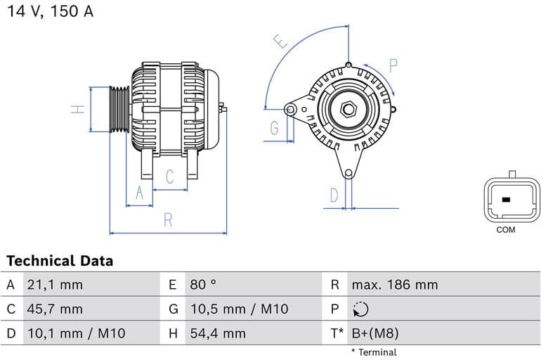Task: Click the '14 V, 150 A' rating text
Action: pyautogui.click(x=51, y=12)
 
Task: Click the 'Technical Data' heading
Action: pyautogui.click(x=60, y=261)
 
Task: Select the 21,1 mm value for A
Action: pyautogui.click(x=54, y=285)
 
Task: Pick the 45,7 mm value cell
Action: pyautogui.click(x=54, y=309)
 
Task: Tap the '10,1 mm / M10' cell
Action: pyautogui.click(x=76, y=333)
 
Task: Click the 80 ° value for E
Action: pyautogui.click(x=203, y=285)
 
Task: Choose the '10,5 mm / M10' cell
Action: pyautogui.click(x=239, y=309)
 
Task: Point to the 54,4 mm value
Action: pyautogui.click(x=217, y=333)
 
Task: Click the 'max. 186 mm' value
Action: pyautogui.click(x=394, y=285)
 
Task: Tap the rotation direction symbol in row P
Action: pyautogui.click(x=360, y=309)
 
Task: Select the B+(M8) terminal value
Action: pyautogui.click(x=374, y=333)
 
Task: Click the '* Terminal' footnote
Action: pyautogui.click(x=374, y=352)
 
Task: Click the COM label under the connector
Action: pyautogui.click(x=505, y=230)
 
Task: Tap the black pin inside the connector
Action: pyautogui.click(x=505, y=200)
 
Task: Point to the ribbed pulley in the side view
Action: pyautogui.click(x=119, y=109)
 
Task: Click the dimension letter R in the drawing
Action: pyautogui.click(x=168, y=220)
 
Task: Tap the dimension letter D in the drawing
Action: pyautogui.click(x=334, y=195)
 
